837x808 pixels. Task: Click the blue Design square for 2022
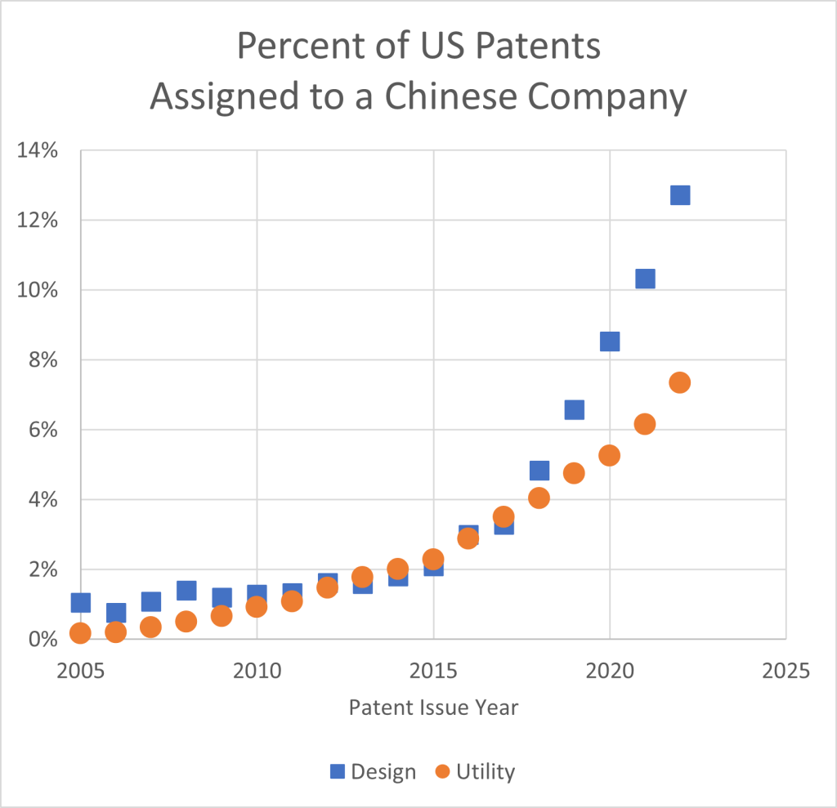[680, 195]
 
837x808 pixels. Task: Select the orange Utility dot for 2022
[680, 382]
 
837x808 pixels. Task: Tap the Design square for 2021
[645, 279]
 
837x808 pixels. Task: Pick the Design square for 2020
[610, 342]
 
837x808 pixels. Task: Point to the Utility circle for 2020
[610, 455]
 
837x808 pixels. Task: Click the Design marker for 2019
[575, 409]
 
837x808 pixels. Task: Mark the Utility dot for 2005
[80, 632]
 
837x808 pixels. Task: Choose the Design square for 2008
[186, 590]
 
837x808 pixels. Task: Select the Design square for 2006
[116, 613]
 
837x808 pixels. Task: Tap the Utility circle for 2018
[539, 498]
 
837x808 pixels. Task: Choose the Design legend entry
[374, 771]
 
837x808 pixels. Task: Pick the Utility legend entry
[476, 771]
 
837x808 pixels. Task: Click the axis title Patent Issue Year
[433, 708]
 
